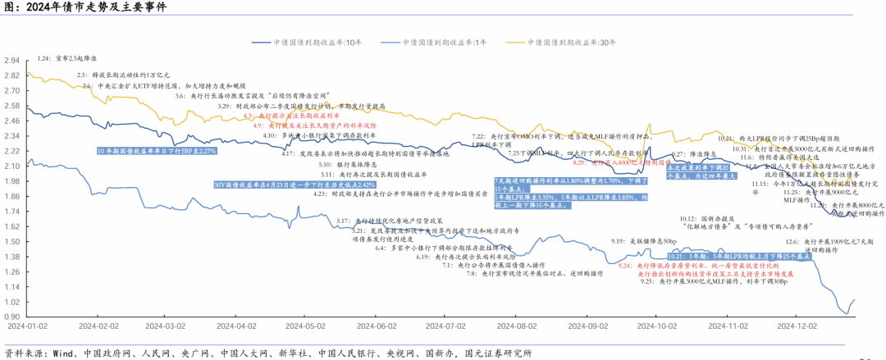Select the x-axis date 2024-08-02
pyautogui.click(x=516, y=325)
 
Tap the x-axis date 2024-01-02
pyautogui.click(x=25, y=325)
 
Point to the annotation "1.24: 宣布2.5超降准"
pyautogui.click(x=67, y=59)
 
